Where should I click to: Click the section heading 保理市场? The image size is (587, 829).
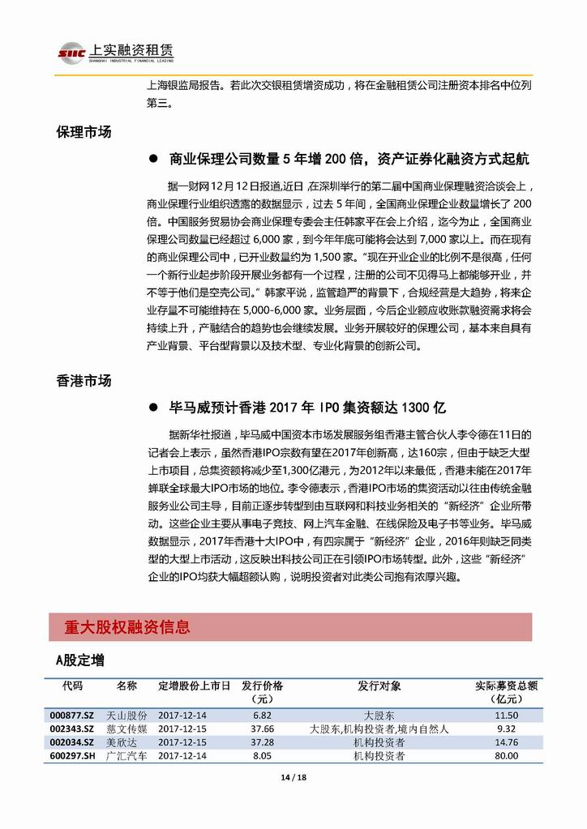(84, 132)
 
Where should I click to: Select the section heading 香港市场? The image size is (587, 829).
(84, 381)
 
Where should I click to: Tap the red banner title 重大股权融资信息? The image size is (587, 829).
(127, 626)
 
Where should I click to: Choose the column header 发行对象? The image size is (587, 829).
(379, 686)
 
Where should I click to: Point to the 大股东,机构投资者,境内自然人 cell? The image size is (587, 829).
(379, 729)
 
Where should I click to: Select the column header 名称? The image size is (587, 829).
(126, 686)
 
